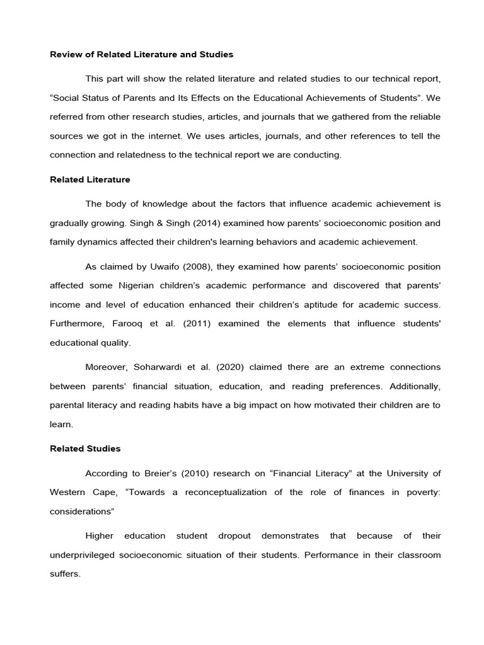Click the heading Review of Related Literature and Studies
(x=141, y=55)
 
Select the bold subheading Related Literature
(x=90, y=180)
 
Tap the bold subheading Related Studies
(x=85, y=449)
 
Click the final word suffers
(x=65, y=574)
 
